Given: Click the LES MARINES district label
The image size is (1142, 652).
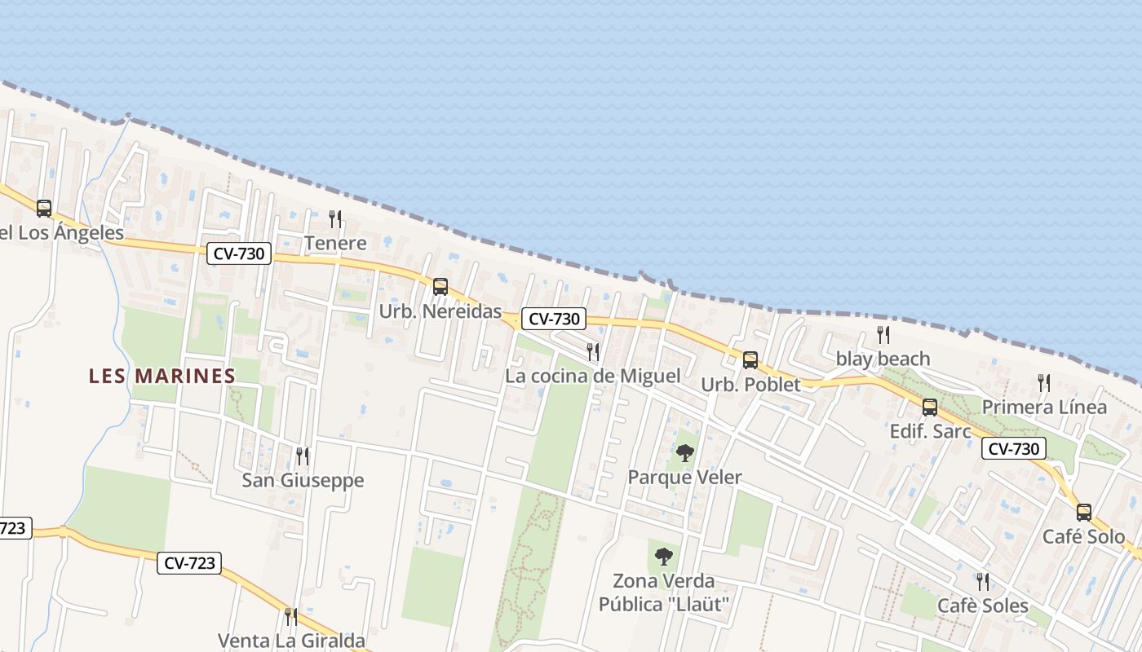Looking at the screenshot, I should [x=162, y=376].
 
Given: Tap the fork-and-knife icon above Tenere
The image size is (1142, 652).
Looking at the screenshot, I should [x=334, y=218].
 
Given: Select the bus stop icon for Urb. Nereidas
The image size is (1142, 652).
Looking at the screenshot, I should [x=440, y=287].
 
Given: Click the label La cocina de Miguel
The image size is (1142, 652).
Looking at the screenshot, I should [x=592, y=376].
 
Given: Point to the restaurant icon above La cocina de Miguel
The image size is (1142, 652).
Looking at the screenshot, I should [x=593, y=352].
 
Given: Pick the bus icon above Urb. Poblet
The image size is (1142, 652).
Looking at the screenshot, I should [x=750, y=360].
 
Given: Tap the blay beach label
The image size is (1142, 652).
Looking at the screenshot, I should [x=883, y=359].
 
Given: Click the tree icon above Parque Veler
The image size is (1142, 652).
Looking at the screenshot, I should [x=685, y=453].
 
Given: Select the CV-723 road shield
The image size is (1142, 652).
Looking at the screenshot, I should [x=189, y=563].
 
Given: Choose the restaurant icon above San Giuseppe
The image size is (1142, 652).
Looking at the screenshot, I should [x=303, y=456].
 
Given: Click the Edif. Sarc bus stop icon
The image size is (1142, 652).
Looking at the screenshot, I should [x=929, y=407].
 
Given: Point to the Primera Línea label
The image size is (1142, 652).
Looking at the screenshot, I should [x=1044, y=407].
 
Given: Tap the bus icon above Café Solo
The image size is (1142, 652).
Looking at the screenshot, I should [x=1083, y=513].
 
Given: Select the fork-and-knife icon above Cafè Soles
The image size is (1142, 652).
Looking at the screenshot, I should [x=983, y=582].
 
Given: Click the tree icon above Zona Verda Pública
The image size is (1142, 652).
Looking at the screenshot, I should [x=664, y=557].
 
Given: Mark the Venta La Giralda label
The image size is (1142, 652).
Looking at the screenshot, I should [x=290, y=641].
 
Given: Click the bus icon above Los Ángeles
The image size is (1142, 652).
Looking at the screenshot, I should [x=44, y=209].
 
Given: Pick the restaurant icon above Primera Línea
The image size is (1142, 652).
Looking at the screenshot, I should [x=1043, y=382].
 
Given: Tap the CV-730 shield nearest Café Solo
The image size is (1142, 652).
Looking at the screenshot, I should [x=1013, y=448].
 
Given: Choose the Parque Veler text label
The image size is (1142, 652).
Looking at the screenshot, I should [x=684, y=477].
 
